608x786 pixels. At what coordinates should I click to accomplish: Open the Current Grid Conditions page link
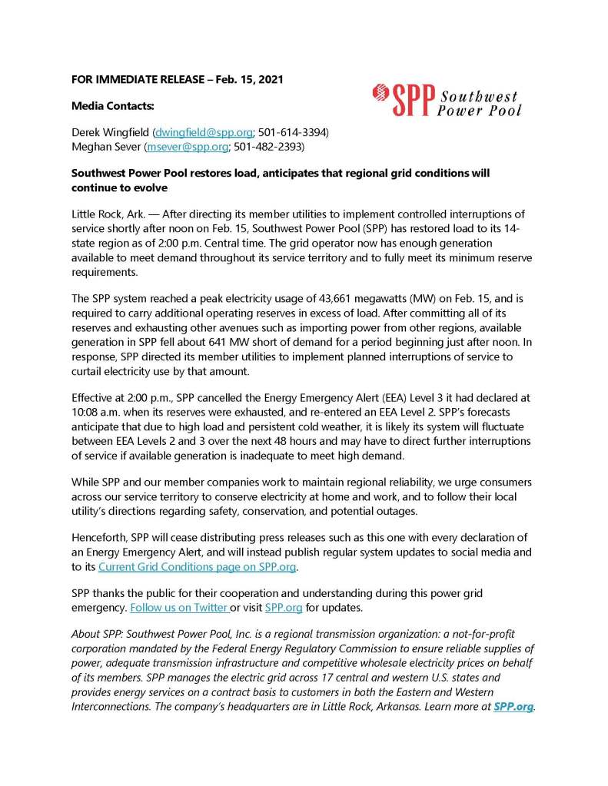197,567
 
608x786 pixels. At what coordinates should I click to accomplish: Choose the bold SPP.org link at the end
513,705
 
